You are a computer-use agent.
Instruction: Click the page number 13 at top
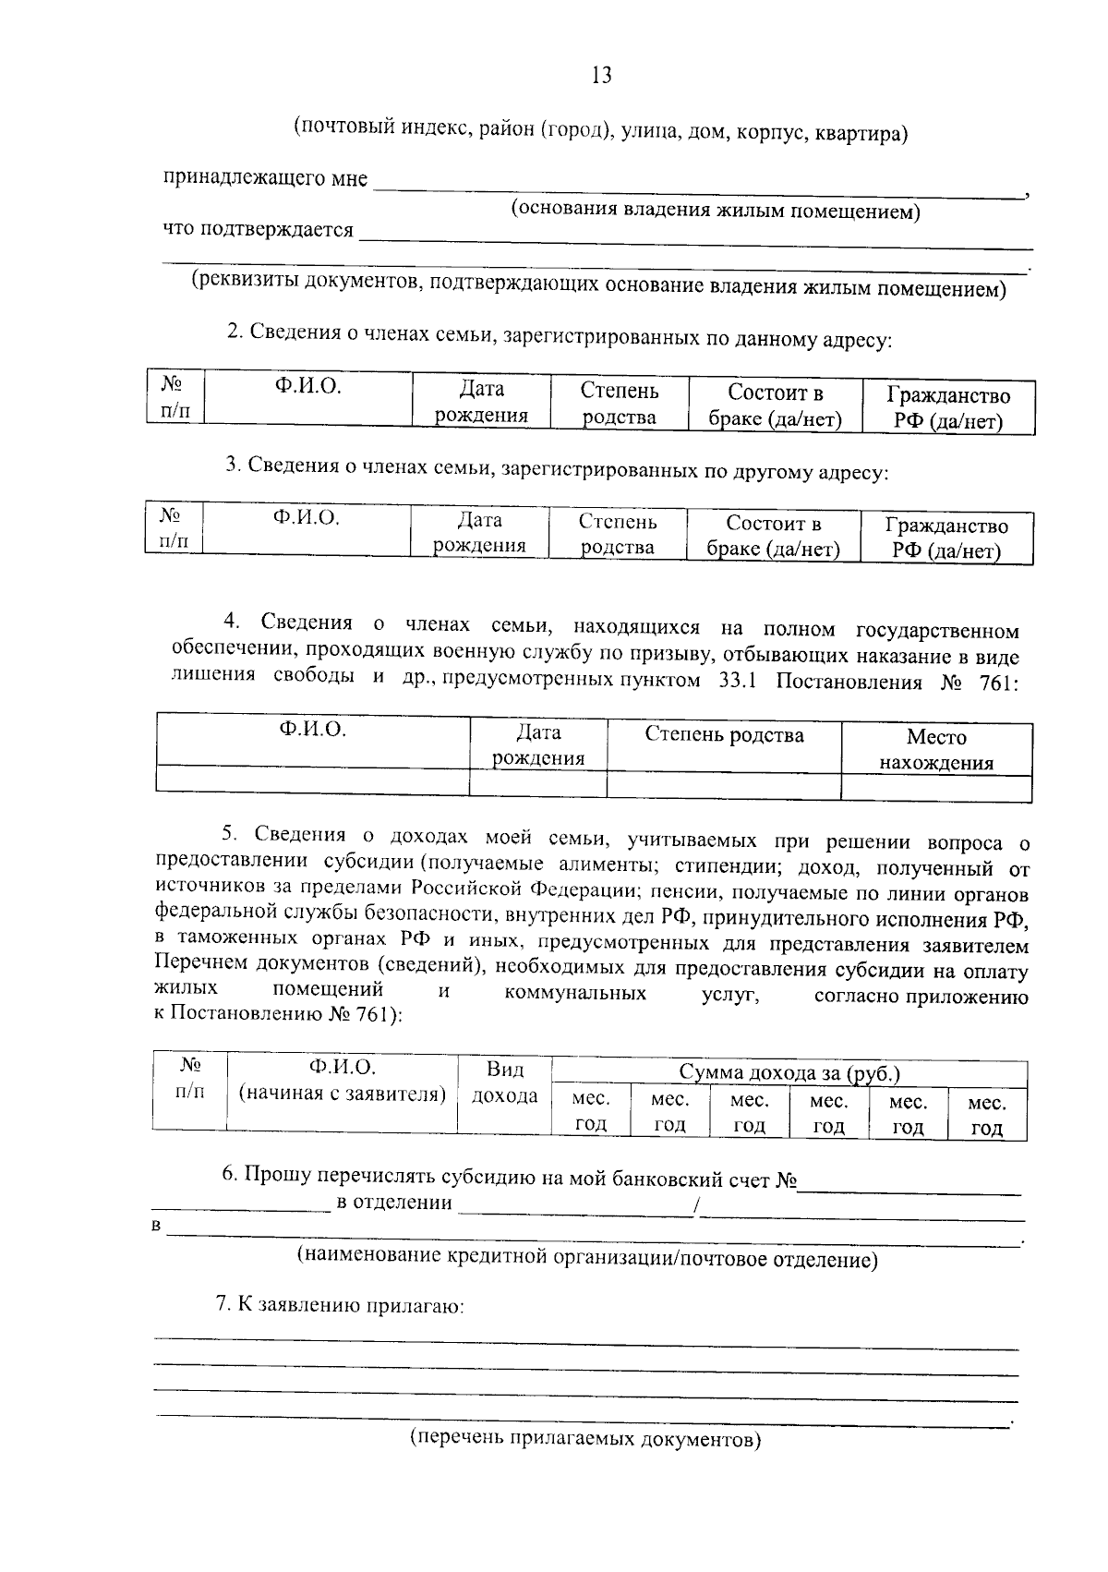[x=601, y=76]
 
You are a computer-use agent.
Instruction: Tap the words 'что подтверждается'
[x=258, y=229]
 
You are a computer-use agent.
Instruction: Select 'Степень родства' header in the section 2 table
[x=620, y=404]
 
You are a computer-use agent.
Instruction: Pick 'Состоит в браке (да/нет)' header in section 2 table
[x=775, y=405]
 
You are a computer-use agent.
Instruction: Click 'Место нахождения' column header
[x=936, y=749]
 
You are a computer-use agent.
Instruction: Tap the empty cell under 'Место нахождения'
[x=936, y=787]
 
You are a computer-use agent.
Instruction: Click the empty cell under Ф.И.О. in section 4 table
[x=313, y=782]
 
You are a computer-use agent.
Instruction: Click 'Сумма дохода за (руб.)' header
[x=789, y=1072]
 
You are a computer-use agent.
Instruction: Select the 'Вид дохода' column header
[x=505, y=1082]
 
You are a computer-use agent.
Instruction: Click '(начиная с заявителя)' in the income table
[x=343, y=1094]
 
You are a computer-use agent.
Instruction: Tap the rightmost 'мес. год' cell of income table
[x=987, y=1115]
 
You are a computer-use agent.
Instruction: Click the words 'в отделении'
[x=394, y=1203]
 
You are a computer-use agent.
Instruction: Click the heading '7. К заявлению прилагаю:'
[x=339, y=1305]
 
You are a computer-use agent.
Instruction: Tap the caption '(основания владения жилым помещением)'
[x=717, y=211]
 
